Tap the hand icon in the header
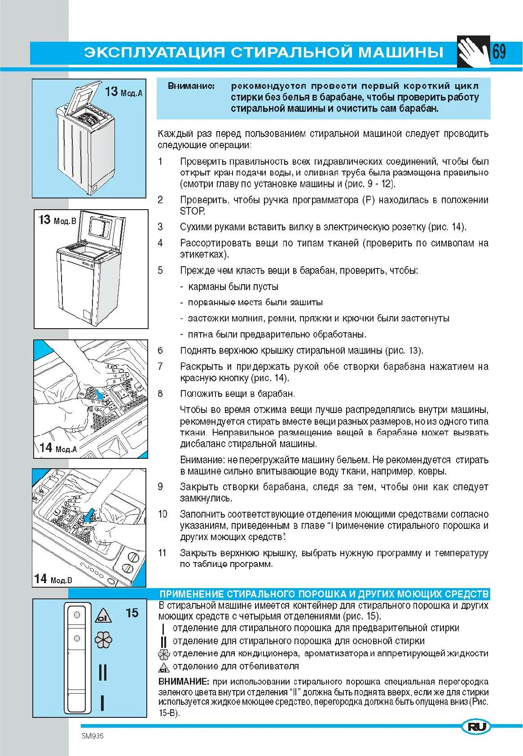[x=473, y=52]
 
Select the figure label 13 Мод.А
[x=123, y=92]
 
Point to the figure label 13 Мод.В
[x=55, y=220]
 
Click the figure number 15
[x=132, y=613]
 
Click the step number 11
[x=162, y=553]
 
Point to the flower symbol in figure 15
[x=104, y=640]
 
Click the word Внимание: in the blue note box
[x=191, y=86]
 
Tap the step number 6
[x=160, y=351]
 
